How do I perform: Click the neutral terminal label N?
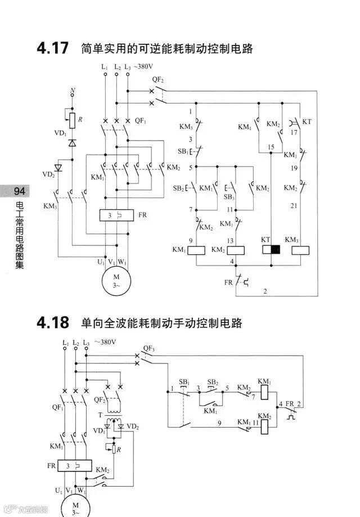[72, 91]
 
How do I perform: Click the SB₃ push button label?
[229, 197]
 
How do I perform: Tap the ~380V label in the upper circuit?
[143, 67]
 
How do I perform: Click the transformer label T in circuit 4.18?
[100, 415]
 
